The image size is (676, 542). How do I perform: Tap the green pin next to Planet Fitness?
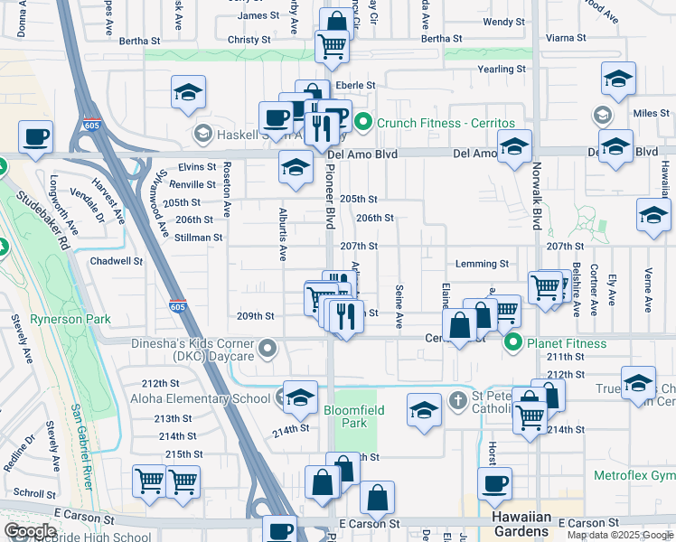[x=513, y=342]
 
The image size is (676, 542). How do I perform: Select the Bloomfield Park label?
[x=354, y=416]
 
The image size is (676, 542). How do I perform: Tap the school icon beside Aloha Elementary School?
[x=300, y=396]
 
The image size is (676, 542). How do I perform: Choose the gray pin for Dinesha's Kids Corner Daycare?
[x=267, y=348]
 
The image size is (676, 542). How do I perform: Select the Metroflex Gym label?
[x=634, y=475]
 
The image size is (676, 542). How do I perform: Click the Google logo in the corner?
[x=30, y=531]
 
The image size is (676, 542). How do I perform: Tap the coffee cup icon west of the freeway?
[x=35, y=138]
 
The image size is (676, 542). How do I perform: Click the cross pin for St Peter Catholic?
[x=458, y=399]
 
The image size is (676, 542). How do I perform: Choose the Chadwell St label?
[x=117, y=261]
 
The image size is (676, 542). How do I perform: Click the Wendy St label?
[x=503, y=22]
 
